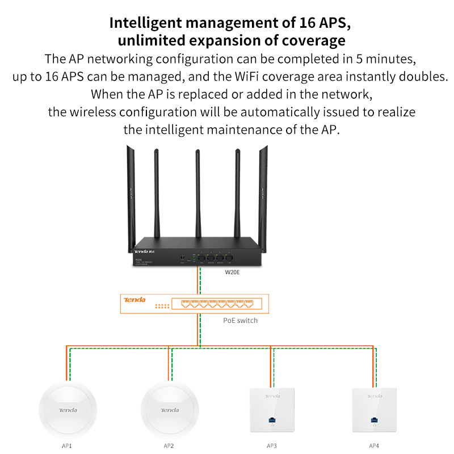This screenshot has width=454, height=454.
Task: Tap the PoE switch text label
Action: pos(240,321)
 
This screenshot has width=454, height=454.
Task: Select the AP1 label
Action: pos(67,445)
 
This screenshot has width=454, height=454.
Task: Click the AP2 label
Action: pos(169,445)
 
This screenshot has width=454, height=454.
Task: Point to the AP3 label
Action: pos(272,445)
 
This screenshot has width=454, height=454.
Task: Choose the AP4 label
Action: pos(373,445)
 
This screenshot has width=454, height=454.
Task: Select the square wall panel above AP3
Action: pos(272,411)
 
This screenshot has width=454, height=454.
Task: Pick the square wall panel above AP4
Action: pos(374,411)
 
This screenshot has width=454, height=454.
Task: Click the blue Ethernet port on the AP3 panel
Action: pos(272,421)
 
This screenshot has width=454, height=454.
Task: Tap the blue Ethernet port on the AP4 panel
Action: pos(374,421)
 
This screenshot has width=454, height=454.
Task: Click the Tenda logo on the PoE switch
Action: pos(135,300)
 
